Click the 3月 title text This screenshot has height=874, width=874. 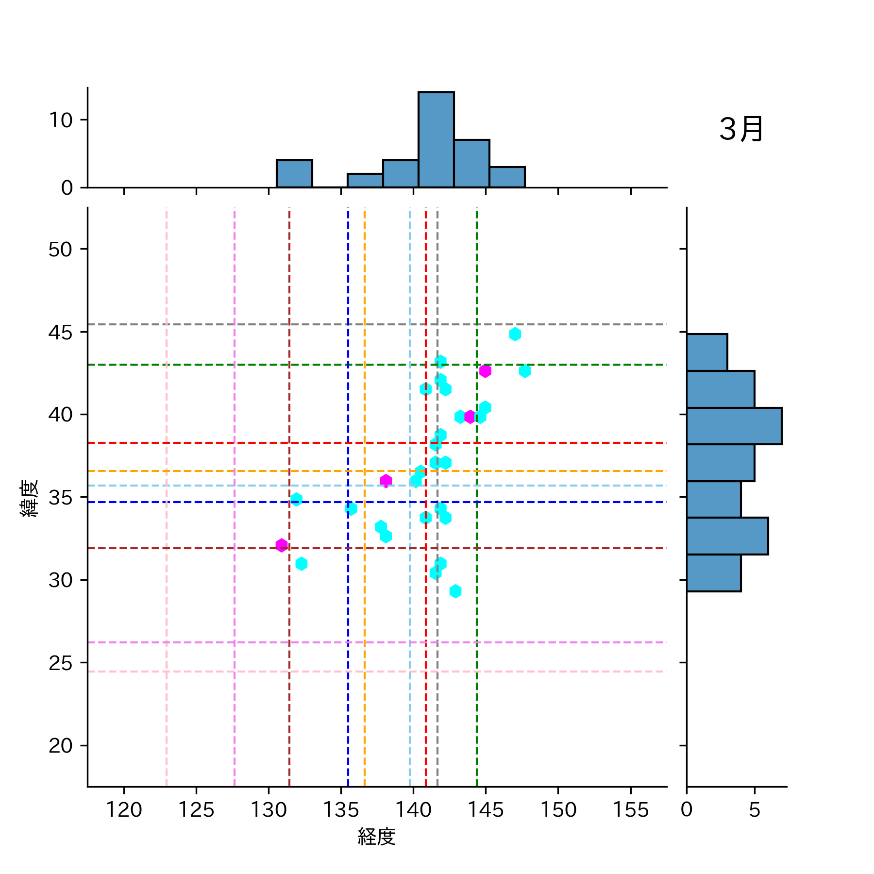tap(741, 130)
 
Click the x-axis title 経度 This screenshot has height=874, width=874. tap(376, 836)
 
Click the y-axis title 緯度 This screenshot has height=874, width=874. tap(29, 498)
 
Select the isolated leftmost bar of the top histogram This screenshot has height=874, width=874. tap(294, 173)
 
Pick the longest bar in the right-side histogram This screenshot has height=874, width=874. tap(734, 426)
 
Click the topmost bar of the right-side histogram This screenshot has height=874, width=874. tap(706, 352)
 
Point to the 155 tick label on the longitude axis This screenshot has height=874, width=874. tap(630, 810)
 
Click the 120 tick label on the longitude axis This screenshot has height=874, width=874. tap(124, 810)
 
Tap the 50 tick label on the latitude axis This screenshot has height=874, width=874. tap(60, 250)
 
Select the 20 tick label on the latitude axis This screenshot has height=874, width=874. tap(60, 745)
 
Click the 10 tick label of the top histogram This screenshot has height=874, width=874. tap(60, 120)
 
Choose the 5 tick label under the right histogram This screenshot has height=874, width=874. tap(754, 809)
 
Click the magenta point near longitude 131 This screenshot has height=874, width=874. tap(282, 545)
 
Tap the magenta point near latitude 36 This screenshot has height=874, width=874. tap(386, 481)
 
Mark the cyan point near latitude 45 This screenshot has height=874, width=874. tap(515, 334)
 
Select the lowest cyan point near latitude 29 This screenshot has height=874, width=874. tap(455, 591)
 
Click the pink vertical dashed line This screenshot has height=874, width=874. tap(167, 631)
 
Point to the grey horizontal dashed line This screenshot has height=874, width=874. tap(243, 324)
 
